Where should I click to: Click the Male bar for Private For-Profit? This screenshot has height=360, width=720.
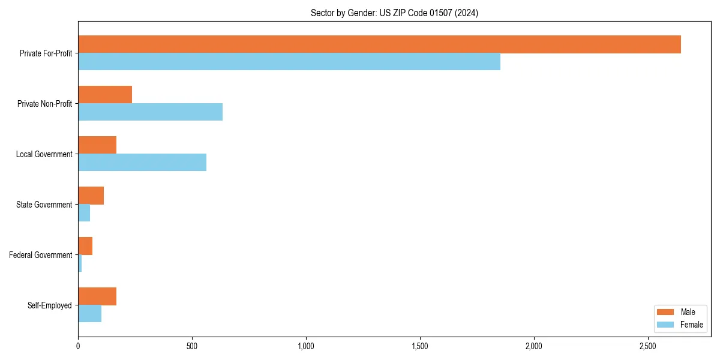(x=379, y=44)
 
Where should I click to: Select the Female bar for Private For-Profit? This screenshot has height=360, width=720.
(x=289, y=62)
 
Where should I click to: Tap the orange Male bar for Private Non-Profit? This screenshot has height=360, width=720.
(x=105, y=95)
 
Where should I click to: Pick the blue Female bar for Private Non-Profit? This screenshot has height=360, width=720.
(x=150, y=112)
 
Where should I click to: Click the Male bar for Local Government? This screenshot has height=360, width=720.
(x=97, y=145)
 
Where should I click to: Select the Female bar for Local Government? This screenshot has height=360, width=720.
(x=142, y=163)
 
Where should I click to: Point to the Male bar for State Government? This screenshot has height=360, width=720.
(x=91, y=196)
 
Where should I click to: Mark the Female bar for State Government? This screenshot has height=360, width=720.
(x=84, y=213)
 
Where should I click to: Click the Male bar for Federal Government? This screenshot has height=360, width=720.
(x=85, y=246)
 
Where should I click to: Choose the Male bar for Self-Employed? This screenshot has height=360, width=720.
(x=97, y=296)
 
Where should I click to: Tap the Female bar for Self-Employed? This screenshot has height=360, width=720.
(x=89, y=314)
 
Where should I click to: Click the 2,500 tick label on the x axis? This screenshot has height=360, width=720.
(x=648, y=346)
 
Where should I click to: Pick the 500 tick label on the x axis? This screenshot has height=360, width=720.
(x=192, y=346)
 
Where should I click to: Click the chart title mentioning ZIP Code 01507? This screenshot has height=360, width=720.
(x=394, y=13)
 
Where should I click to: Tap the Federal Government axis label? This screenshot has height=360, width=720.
(x=41, y=255)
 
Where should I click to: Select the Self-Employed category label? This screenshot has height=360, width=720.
(x=50, y=305)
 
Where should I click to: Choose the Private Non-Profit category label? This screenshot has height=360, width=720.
(x=44, y=104)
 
